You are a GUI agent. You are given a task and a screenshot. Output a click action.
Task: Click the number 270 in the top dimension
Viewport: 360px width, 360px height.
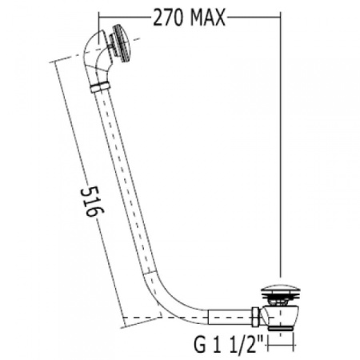point(168,18)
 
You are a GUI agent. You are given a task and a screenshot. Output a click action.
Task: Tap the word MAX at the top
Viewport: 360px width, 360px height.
point(208,18)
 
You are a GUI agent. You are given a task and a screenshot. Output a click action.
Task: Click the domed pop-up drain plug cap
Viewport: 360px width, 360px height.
point(280,290)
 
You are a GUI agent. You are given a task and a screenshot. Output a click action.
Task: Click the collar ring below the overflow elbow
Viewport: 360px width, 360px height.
point(100,87)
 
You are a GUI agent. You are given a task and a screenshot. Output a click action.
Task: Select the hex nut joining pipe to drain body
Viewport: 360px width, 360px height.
point(255,317)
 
